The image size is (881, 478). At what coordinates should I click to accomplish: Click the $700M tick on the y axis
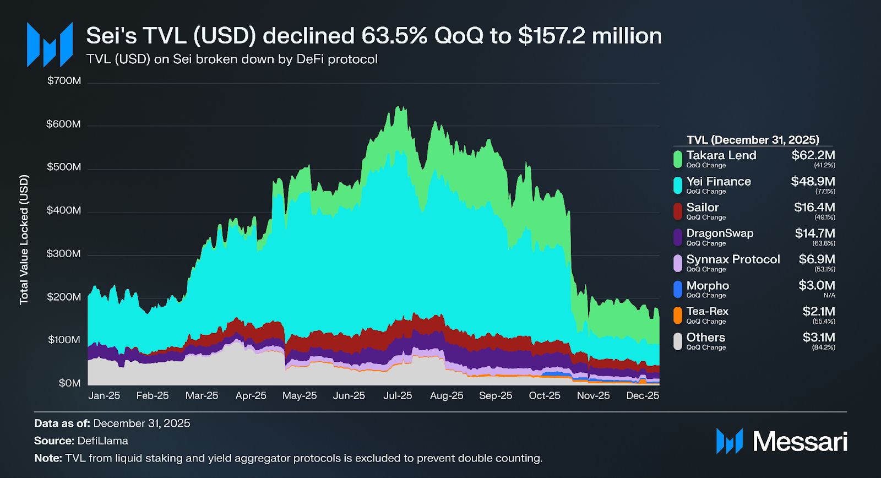click(x=64, y=81)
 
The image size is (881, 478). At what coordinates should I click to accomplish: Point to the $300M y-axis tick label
click(x=64, y=254)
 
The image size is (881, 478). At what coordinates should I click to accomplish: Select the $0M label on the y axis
click(x=69, y=383)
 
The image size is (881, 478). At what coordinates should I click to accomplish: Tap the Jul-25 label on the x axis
click(x=398, y=396)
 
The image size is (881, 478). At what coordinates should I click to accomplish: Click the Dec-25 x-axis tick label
click(x=643, y=396)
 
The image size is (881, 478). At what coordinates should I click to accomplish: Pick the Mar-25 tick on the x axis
click(x=202, y=396)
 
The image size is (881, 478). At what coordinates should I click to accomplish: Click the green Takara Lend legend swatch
click(x=678, y=159)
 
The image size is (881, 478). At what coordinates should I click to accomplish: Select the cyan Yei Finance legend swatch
click(x=678, y=185)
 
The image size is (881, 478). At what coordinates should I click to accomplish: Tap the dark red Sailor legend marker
click(x=678, y=211)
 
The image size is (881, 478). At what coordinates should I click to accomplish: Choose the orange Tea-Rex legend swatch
click(x=678, y=315)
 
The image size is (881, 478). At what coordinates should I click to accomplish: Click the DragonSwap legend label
click(x=720, y=233)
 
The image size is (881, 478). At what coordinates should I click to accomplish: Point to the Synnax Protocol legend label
click(x=733, y=259)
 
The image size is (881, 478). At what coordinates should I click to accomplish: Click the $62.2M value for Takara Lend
click(x=813, y=155)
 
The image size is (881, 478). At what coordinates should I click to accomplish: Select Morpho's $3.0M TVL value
click(x=817, y=285)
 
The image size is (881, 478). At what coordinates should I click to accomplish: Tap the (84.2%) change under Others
click(x=823, y=347)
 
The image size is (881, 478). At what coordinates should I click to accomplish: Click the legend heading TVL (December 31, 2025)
click(x=753, y=140)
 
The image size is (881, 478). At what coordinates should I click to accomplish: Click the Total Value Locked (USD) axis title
click(x=24, y=240)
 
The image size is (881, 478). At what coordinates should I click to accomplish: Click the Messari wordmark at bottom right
click(x=800, y=442)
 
